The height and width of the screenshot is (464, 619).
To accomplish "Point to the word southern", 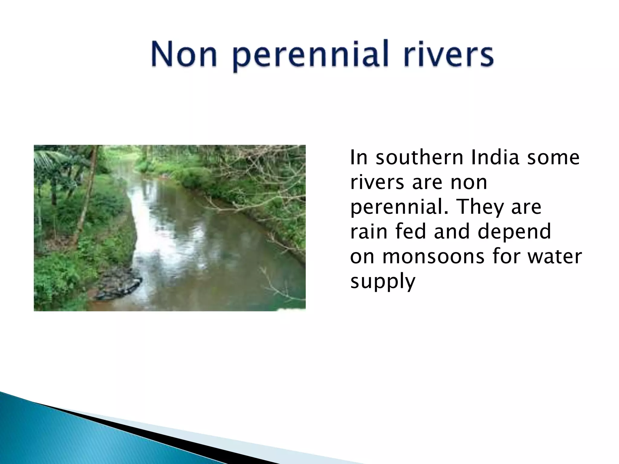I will tap(416, 158).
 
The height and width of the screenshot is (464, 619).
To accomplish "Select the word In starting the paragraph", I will tap(358, 158).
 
